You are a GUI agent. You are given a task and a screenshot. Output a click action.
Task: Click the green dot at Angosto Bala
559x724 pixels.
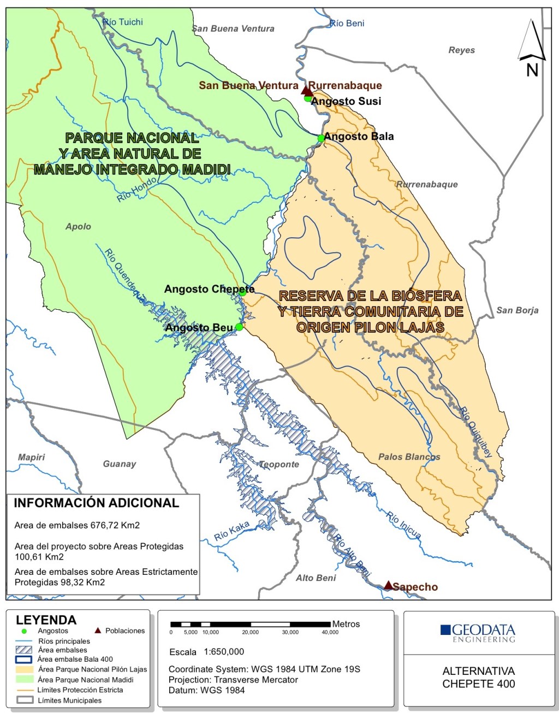tap(322, 138)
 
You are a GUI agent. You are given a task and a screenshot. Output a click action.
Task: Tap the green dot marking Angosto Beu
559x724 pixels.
tap(239, 327)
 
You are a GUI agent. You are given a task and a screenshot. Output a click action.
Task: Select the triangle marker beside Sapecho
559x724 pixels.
tap(388, 585)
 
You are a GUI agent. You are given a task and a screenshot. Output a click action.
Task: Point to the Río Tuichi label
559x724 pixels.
tap(123, 22)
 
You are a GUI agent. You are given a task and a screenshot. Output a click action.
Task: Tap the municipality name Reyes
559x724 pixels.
tap(461, 50)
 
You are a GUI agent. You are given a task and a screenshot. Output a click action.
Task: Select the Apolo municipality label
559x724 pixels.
tap(78, 226)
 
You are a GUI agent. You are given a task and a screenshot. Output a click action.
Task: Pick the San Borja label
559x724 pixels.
tap(517, 310)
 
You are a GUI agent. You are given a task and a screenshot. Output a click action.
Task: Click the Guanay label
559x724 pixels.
tap(119, 463)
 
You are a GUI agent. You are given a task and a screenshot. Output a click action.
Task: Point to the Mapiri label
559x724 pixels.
tap(31, 457)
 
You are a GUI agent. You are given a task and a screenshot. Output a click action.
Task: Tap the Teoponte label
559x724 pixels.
tap(279, 464)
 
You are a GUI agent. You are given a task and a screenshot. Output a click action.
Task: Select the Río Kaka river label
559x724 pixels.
tap(232, 531)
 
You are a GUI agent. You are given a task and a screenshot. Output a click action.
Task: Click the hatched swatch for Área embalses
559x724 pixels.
tap(24, 650)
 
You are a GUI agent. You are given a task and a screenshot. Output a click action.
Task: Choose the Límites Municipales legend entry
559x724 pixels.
tap(69, 700)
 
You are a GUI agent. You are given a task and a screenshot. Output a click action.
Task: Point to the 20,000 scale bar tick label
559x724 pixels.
tap(250, 632)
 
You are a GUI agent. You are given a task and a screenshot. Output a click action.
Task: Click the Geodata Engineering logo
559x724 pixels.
tap(478, 633)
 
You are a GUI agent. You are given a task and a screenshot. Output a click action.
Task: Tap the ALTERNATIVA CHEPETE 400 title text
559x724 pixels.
tap(478, 677)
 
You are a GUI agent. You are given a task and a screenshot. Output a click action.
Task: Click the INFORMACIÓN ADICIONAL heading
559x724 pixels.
tap(96, 503)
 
